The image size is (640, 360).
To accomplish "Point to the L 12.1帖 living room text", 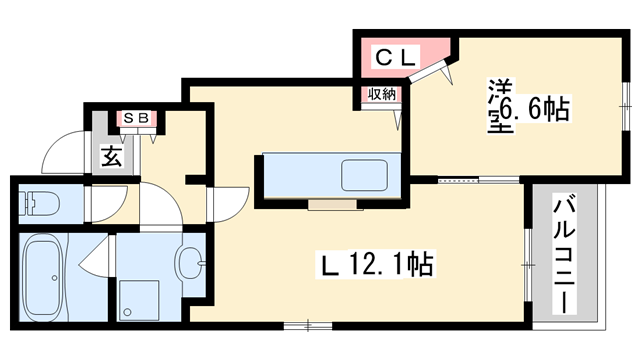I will click(x=375, y=265).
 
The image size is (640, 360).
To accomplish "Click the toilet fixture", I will click(x=40, y=204).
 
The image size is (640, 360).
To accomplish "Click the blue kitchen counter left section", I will click(x=300, y=177).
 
